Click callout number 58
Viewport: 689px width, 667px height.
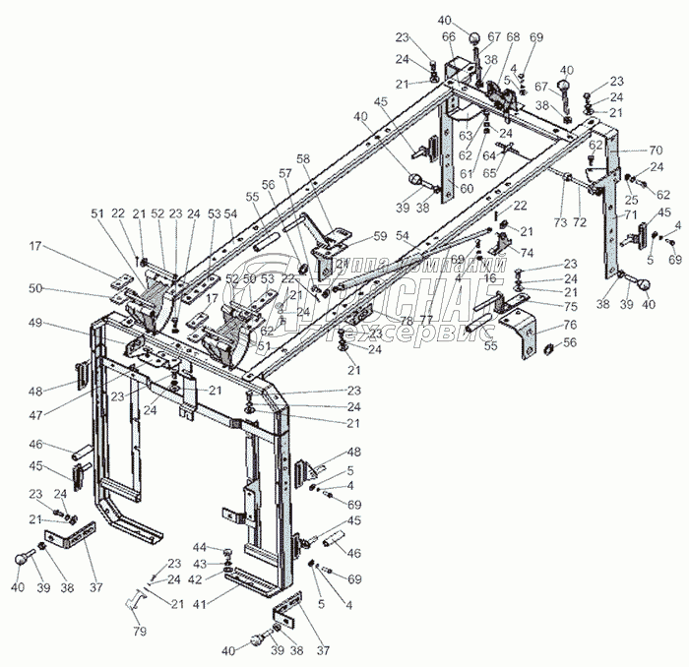point(302,158)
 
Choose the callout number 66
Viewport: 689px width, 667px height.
point(449,36)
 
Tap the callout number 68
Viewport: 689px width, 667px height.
point(513,36)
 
